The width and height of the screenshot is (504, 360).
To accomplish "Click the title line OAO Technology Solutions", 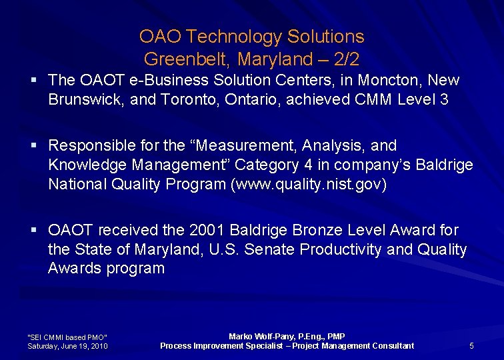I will (x=251, y=36).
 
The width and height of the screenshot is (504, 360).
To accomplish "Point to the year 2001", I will (x=207, y=230).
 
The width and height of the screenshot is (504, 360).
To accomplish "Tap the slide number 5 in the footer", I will (x=471, y=345).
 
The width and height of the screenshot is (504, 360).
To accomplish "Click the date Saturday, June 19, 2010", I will (x=67, y=346).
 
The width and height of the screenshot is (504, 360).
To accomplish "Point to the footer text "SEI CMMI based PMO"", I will (x=67, y=337).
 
